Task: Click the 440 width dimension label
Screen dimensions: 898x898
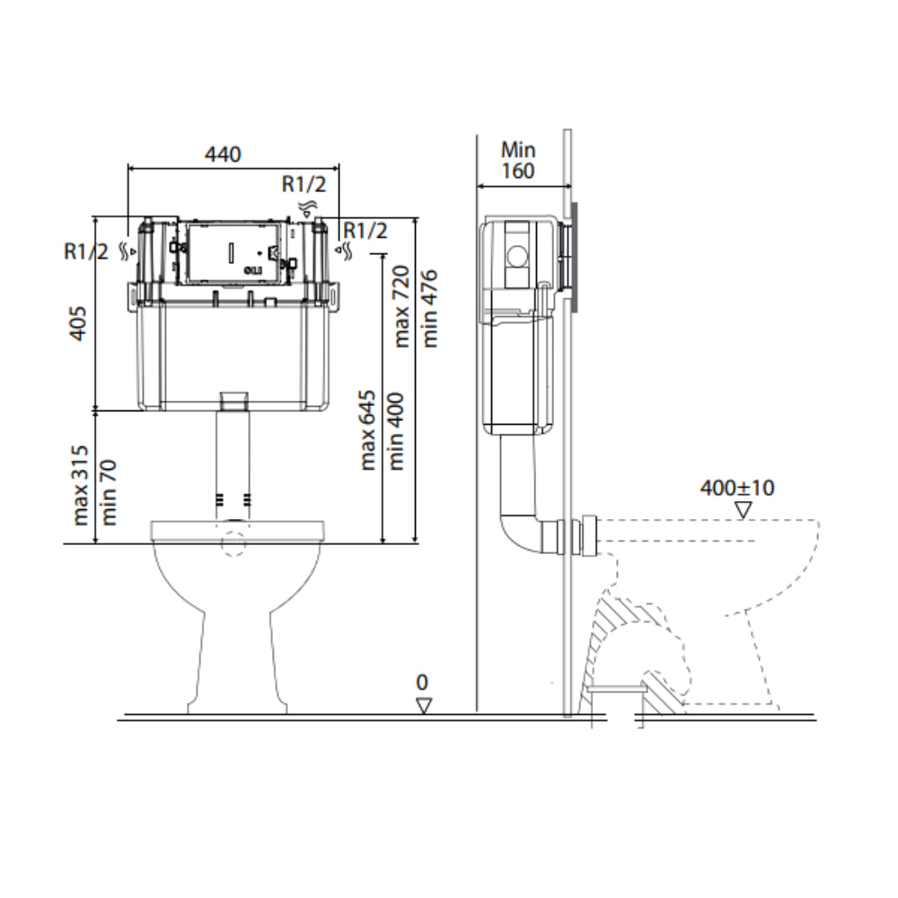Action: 223,154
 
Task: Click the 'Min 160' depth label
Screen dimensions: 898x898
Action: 517,160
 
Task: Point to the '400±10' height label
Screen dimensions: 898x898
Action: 737,489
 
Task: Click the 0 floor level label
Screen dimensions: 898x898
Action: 422,683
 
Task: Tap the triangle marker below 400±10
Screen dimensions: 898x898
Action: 743,510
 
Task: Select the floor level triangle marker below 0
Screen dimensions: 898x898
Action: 424,706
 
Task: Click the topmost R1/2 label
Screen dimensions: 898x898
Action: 304,184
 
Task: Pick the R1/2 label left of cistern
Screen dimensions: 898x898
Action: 86,251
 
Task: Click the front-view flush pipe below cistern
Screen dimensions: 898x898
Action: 233,458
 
